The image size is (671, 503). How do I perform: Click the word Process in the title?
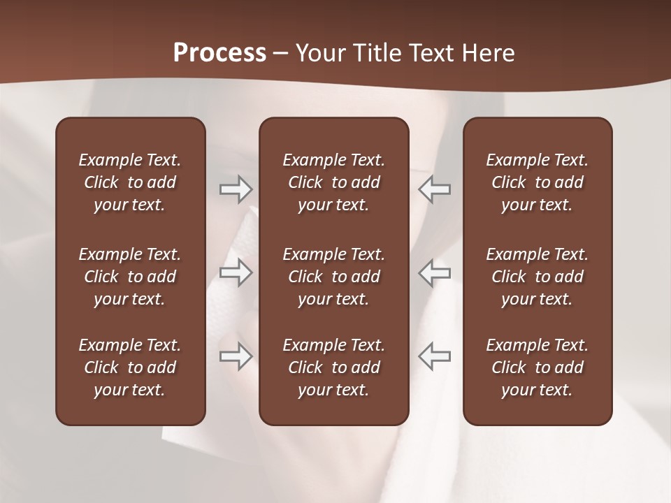click(219, 53)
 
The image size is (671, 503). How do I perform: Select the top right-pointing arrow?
click(236, 189)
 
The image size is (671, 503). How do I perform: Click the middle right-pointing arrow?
click(236, 272)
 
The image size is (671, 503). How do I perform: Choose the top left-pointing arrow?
click(434, 189)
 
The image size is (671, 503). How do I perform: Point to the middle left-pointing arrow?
click(434, 272)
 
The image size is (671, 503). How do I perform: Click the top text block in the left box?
click(130, 182)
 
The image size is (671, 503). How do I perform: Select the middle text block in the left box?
click(130, 277)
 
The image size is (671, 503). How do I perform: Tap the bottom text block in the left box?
click(130, 367)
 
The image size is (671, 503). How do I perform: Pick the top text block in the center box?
click(334, 182)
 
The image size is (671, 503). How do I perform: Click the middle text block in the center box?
click(334, 277)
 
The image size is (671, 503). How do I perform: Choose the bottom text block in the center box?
click(334, 367)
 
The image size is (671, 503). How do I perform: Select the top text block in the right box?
click(537, 182)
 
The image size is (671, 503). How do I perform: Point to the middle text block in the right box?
click(537, 277)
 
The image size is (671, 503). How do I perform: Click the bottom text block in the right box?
click(537, 367)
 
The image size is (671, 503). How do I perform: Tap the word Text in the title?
click(431, 53)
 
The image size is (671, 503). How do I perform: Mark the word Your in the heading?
click(320, 53)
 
